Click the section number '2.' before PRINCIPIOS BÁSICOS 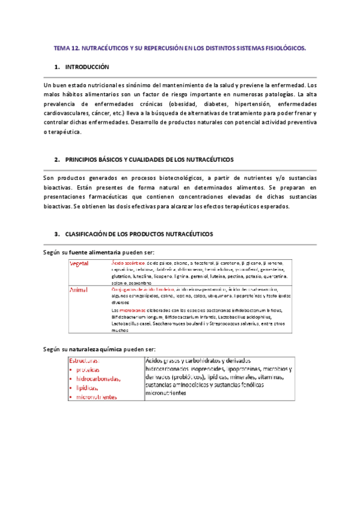click(x=56, y=159)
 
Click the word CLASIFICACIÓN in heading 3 click(x=92, y=233)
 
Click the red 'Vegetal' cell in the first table click(x=80, y=264)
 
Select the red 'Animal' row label click(x=79, y=290)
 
